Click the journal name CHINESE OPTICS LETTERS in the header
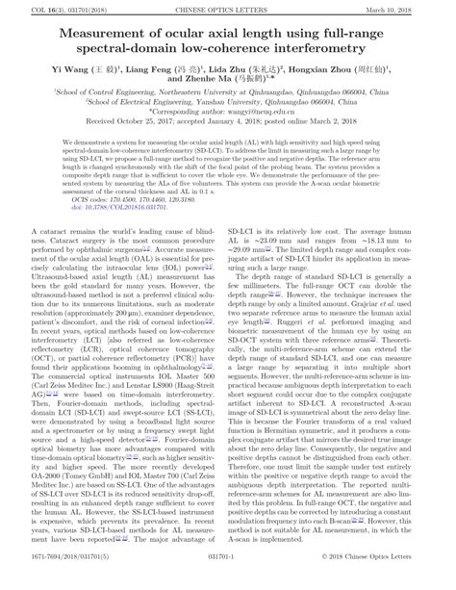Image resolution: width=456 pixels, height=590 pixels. tap(228, 9)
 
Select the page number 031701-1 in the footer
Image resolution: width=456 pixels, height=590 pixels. tap(228, 580)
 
